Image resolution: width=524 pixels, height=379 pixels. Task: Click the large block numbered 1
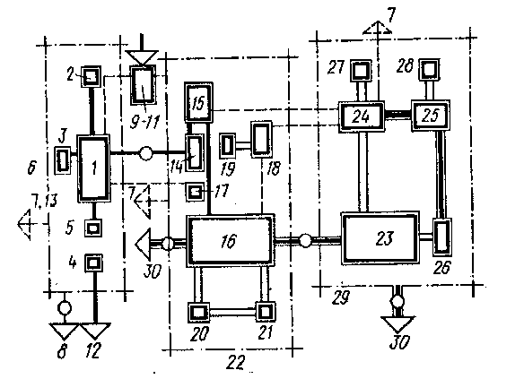pyautogui.click(x=94, y=168)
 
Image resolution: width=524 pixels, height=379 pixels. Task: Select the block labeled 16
pyautogui.click(x=231, y=240)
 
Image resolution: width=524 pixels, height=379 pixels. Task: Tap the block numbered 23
pyautogui.click(x=380, y=237)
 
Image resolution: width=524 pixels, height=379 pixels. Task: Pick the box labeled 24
pyautogui.click(x=362, y=116)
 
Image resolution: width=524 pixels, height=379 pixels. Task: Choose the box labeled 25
pyautogui.click(x=430, y=115)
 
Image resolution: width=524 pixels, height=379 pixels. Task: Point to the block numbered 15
pyautogui.click(x=198, y=102)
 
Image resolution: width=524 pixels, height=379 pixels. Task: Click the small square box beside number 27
pyautogui.click(x=361, y=71)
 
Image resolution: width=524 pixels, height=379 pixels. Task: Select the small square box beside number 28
pyautogui.click(x=429, y=69)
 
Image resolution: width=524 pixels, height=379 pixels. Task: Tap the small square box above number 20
pyautogui.click(x=199, y=313)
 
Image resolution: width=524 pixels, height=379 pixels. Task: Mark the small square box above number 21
pyautogui.click(x=266, y=312)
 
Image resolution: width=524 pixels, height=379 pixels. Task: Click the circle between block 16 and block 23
pyautogui.click(x=305, y=240)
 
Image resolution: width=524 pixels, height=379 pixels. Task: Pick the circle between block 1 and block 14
pyautogui.click(x=145, y=153)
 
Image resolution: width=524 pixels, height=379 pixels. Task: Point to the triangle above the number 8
pyautogui.click(x=64, y=331)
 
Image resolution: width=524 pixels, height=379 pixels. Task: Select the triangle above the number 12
pyautogui.click(x=96, y=331)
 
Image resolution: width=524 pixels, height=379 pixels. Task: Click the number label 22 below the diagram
pyautogui.click(x=236, y=362)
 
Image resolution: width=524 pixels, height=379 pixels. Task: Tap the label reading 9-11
pyautogui.click(x=144, y=122)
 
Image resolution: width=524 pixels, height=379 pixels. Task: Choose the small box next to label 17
pyautogui.click(x=195, y=192)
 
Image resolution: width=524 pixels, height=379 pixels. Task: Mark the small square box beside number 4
pyautogui.click(x=93, y=263)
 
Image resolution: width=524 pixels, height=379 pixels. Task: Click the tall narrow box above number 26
pyautogui.click(x=442, y=237)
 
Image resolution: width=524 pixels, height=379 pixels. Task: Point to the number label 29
pyautogui.click(x=341, y=297)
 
